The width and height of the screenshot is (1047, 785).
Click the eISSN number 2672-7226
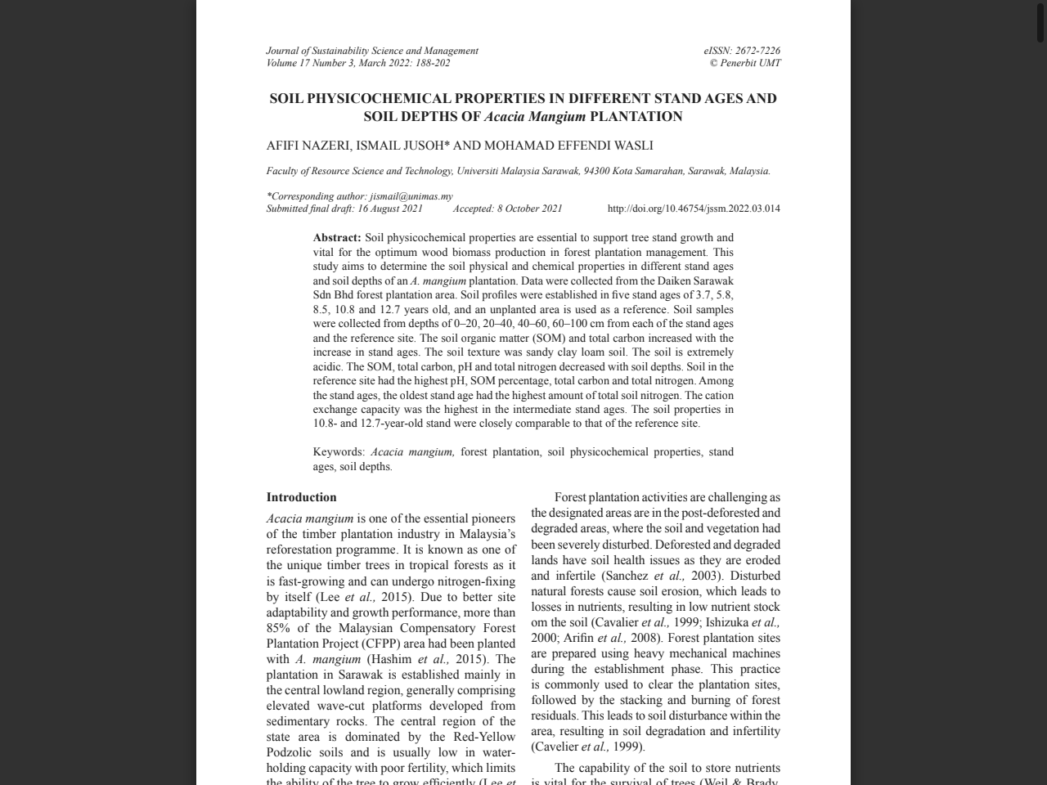pos(757,51)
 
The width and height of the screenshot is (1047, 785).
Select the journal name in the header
pos(372,51)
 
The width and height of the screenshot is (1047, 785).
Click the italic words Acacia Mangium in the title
pos(535,116)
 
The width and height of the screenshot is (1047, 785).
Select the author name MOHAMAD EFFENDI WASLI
pos(568,146)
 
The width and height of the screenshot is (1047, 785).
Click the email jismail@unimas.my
pos(411,196)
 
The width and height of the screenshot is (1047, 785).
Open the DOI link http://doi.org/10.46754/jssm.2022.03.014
pos(694,209)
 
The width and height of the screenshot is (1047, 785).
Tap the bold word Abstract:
pos(337,238)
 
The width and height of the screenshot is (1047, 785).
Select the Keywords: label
pos(339,452)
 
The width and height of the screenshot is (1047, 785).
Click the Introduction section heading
pos(301,497)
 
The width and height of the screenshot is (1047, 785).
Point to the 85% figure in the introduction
pos(278,628)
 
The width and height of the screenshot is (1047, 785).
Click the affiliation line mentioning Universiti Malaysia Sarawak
pos(518,171)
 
